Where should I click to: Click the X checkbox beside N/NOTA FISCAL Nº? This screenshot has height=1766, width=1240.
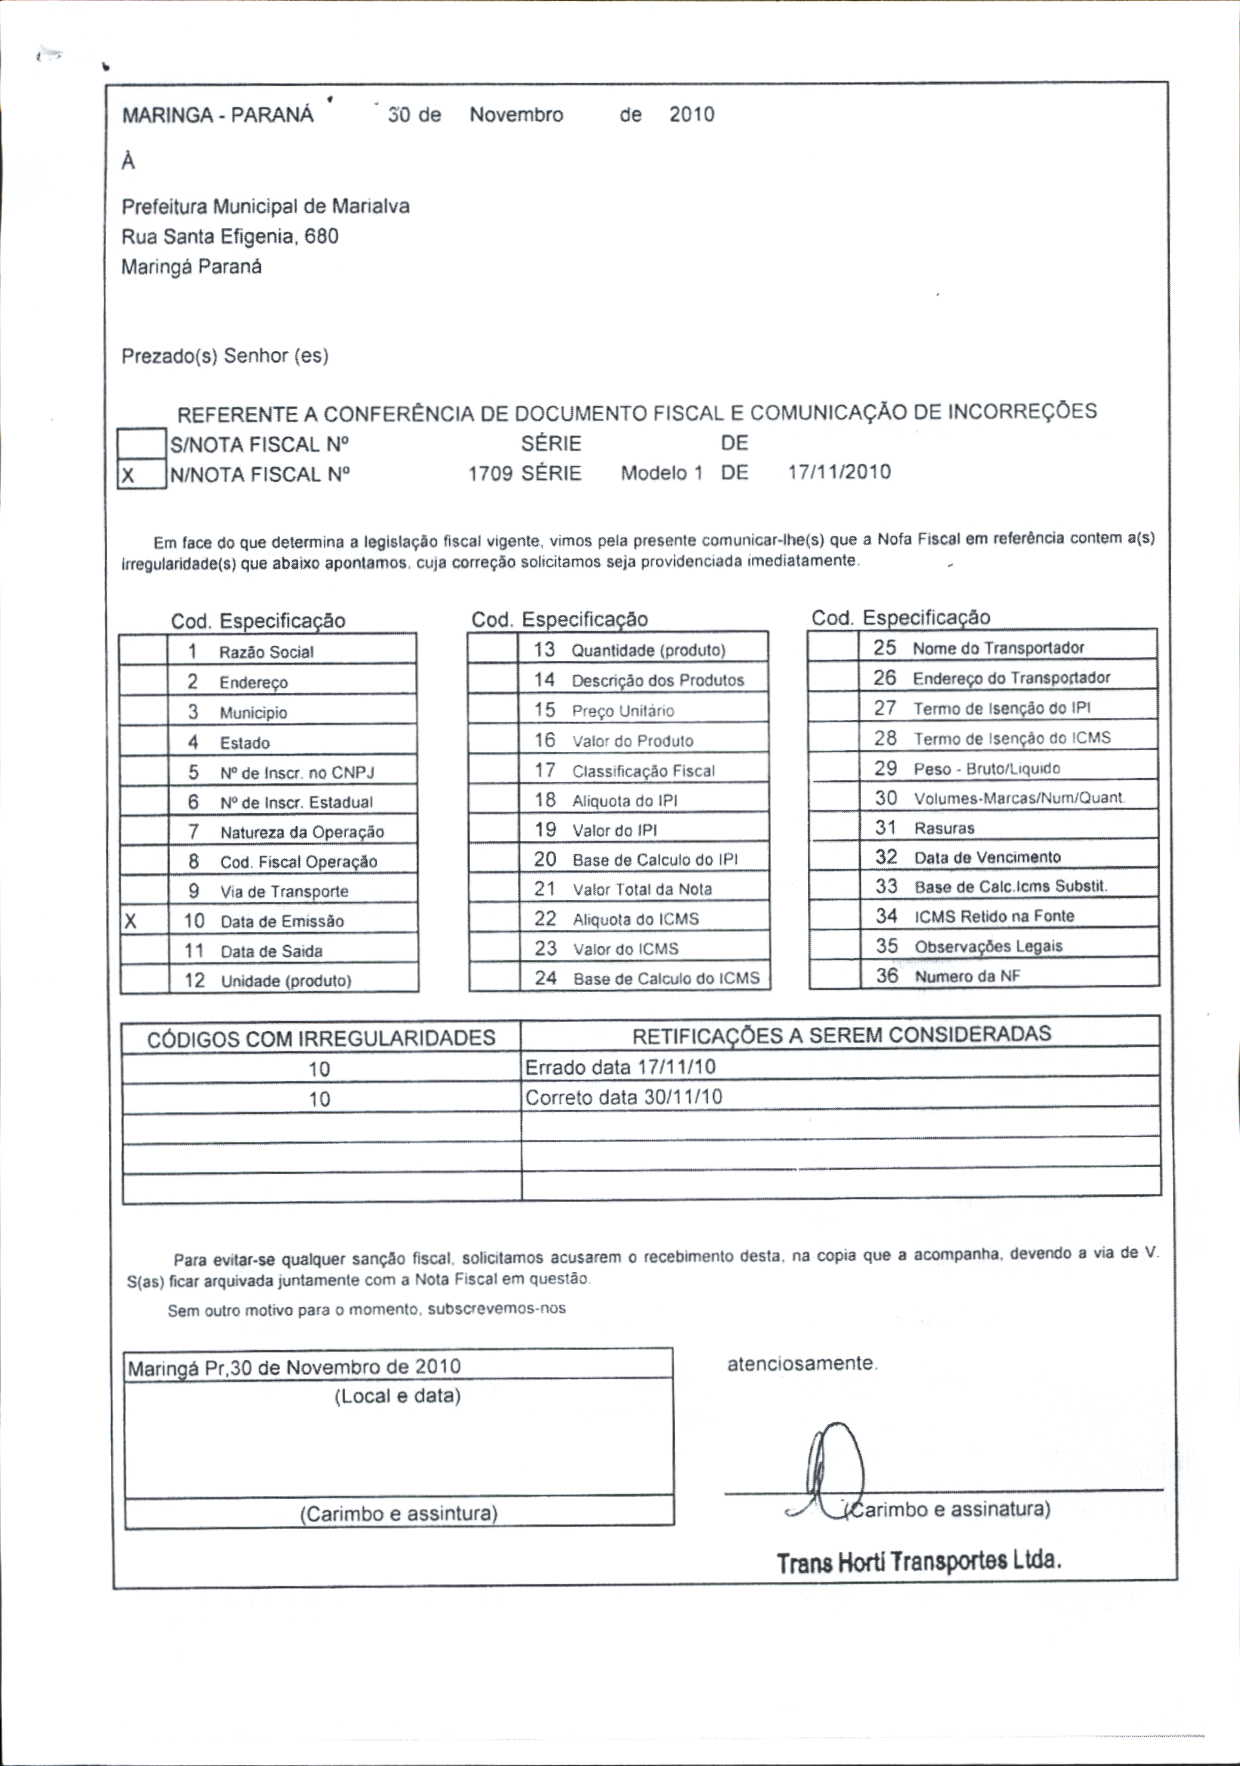(x=141, y=475)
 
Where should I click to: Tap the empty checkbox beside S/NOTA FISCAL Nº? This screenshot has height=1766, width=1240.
(x=141, y=443)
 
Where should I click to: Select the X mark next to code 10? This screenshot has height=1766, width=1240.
(x=130, y=921)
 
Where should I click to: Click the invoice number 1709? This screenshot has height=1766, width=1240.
(x=490, y=473)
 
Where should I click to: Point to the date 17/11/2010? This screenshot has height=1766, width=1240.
(x=839, y=472)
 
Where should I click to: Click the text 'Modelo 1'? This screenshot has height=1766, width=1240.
(x=661, y=473)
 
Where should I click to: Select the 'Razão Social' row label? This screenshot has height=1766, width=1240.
(x=266, y=652)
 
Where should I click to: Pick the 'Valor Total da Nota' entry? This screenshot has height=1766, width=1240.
(x=642, y=889)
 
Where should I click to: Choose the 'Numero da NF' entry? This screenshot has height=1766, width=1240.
(x=967, y=976)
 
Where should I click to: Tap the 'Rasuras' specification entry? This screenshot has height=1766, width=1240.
(x=943, y=828)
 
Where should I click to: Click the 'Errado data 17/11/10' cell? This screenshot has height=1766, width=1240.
(x=620, y=1067)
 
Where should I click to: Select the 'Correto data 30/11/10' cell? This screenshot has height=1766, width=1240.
(x=623, y=1097)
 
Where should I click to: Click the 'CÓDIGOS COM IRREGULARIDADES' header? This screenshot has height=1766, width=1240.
(x=321, y=1038)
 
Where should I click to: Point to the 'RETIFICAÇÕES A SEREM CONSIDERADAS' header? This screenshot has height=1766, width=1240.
(x=841, y=1034)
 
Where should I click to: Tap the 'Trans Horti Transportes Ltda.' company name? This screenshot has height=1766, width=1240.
(x=918, y=1561)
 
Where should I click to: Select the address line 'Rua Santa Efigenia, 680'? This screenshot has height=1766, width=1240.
(x=230, y=237)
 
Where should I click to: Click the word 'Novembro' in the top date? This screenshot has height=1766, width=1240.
(x=516, y=115)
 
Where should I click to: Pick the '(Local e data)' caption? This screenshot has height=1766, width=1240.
(x=397, y=1396)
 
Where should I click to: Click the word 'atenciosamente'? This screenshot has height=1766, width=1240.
(x=801, y=1364)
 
